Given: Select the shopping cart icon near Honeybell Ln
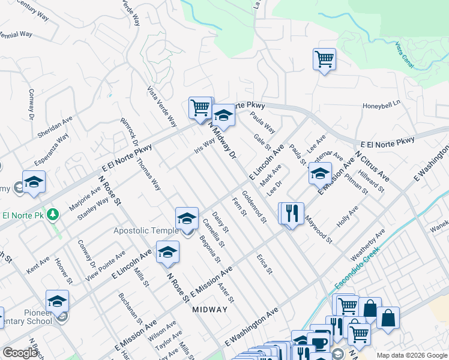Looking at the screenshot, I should pos(324,59).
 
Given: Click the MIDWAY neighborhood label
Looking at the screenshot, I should pos(210,310).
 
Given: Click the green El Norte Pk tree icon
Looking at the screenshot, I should pos(53,214).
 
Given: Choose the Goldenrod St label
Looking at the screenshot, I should pos(254,207).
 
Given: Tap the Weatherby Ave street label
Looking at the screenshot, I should pos(372,245).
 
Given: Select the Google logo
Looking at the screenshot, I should pos(20,353).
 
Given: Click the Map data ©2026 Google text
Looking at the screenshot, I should pos(411,355).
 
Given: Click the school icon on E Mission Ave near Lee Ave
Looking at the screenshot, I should pos(320,175).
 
